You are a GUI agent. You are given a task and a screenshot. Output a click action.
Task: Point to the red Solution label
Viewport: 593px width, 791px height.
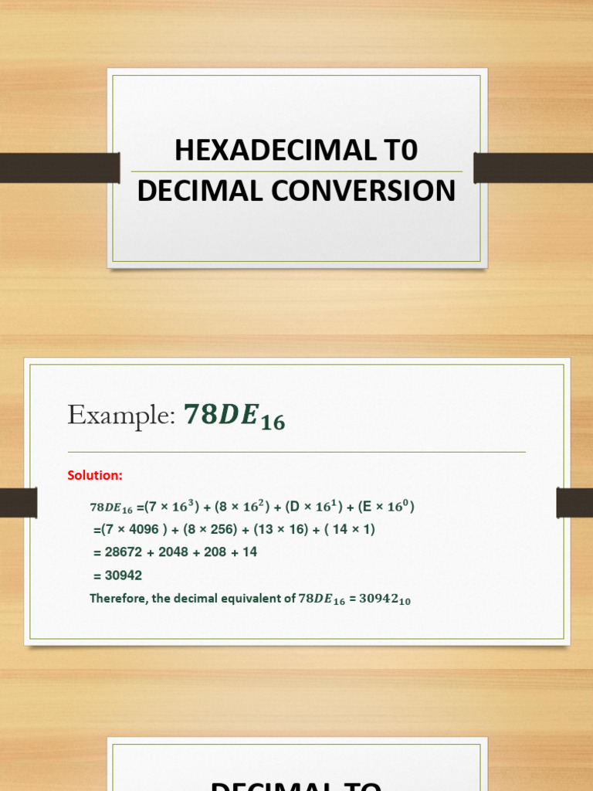pos(94,475)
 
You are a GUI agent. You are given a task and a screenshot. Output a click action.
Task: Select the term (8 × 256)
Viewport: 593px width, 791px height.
pos(211,530)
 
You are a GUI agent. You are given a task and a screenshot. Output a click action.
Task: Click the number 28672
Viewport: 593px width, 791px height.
pos(124,552)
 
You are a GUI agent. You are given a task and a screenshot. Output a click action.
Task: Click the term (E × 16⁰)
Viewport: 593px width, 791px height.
pos(386,507)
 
